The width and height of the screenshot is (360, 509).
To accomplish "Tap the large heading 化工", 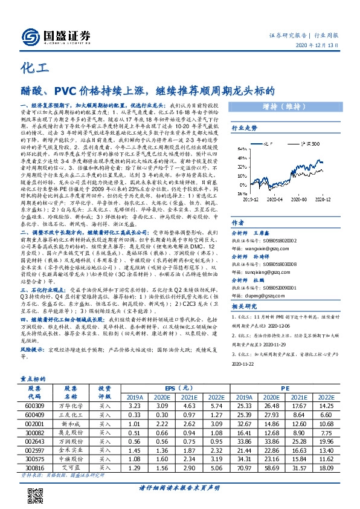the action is pos(31,66).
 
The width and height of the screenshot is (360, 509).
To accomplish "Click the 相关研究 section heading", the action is pos(245,291).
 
